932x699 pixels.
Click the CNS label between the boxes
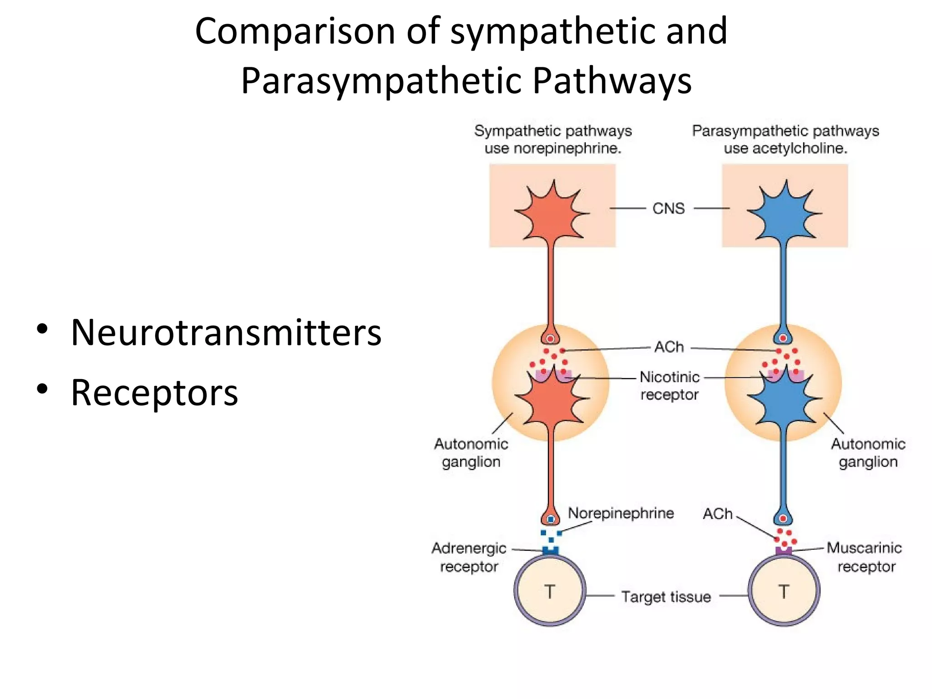668,208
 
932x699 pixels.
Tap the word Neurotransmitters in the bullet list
226,333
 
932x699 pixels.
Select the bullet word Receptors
154,393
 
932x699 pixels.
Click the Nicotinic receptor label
669,385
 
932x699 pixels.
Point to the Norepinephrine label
621,513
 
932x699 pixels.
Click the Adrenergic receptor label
469,557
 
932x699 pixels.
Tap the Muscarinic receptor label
864,557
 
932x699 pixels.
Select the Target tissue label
666,597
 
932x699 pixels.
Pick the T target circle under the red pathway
550,591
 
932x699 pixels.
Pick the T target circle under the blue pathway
784,591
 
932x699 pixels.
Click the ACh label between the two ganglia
669,347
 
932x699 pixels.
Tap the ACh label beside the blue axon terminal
718,514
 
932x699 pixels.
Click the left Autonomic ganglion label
471,453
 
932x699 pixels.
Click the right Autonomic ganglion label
868,453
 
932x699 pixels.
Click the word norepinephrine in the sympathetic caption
567,148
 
